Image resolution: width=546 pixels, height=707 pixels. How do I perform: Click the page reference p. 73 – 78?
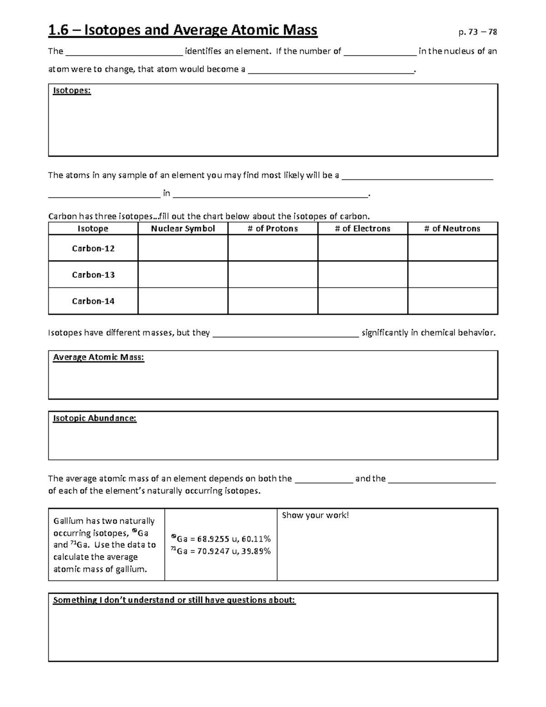point(478,32)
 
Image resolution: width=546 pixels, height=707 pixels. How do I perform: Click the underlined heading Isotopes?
point(72,91)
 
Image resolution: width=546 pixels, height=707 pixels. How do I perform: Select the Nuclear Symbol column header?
point(183,229)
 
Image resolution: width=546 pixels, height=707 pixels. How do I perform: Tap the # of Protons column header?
point(273,229)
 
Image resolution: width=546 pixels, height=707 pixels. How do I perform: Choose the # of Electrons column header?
point(363,229)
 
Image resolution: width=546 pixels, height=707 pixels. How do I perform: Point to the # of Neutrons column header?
point(452,229)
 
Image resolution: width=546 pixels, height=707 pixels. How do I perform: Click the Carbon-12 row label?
point(93,249)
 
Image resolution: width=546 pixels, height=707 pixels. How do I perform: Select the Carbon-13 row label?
point(93,275)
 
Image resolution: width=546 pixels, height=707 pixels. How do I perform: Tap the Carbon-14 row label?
point(93,301)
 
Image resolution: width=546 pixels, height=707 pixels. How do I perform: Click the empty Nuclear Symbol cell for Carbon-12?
point(183,249)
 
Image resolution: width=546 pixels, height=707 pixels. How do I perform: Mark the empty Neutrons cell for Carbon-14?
point(452,301)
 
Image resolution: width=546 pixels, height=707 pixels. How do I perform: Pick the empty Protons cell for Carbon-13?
point(273,275)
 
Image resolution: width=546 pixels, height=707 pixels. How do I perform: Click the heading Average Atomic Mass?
point(98,357)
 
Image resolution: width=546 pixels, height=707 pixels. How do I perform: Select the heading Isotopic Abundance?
point(95,418)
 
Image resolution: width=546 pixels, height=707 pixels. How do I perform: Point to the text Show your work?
point(315,515)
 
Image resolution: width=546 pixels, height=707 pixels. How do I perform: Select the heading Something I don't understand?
point(174,600)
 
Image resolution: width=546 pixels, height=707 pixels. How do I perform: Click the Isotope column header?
point(93,229)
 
